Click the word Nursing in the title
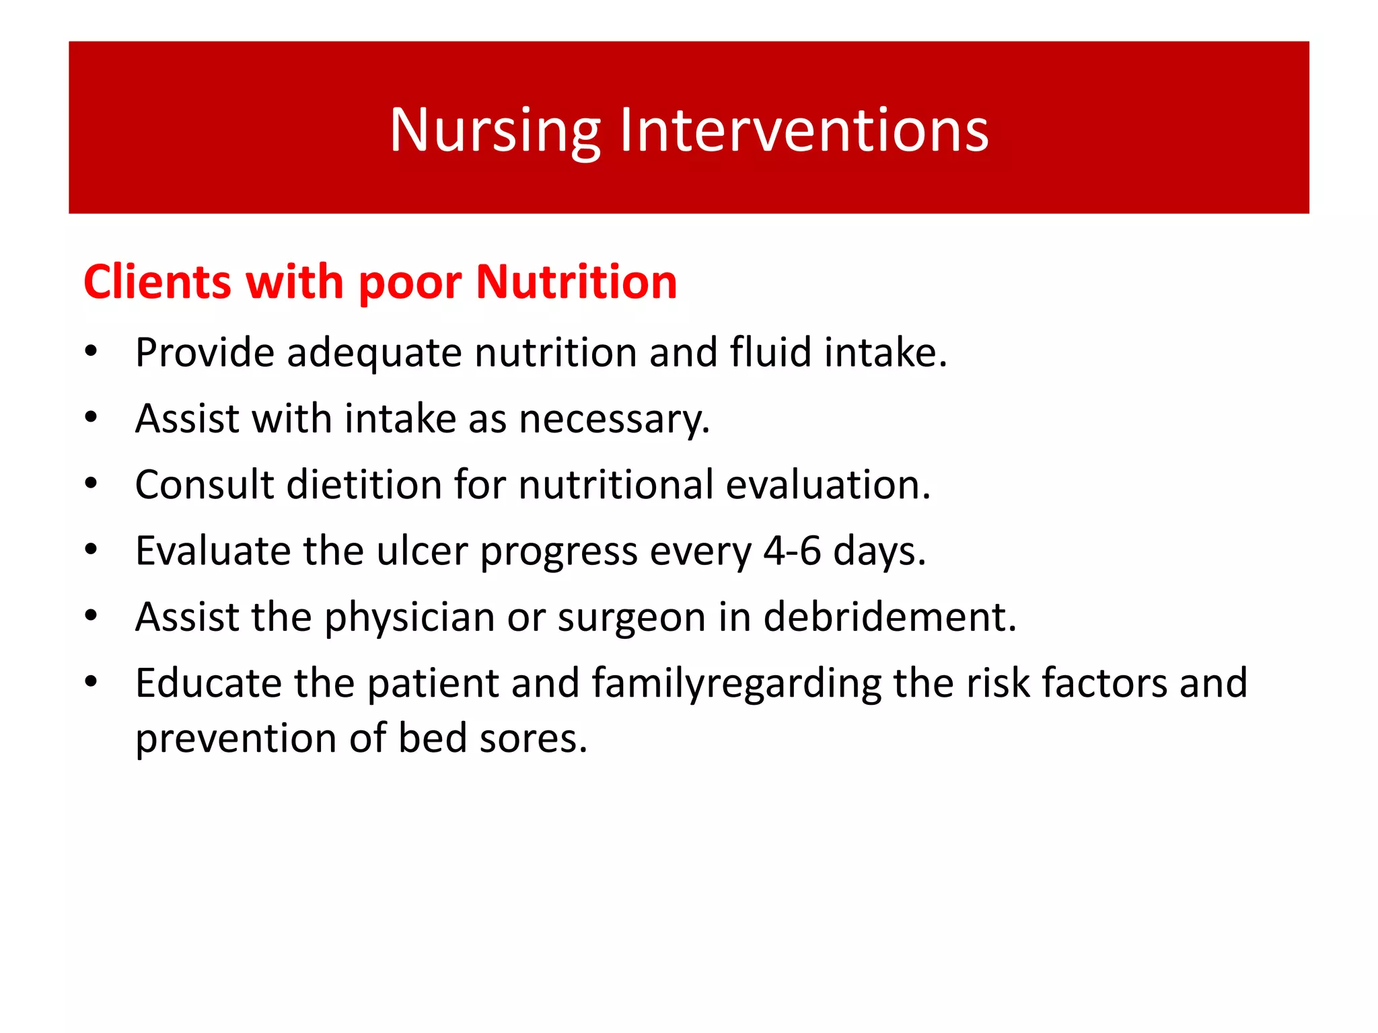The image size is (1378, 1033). pyautogui.click(x=495, y=131)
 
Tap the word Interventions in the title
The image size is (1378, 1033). pyautogui.click(x=804, y=130)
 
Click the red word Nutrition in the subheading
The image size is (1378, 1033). pyautogui.click(x=576, y=282)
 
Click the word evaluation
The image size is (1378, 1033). pyautogui.click(x=828, y=485)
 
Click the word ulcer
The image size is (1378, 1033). pyautogui.click(x=422, y=551)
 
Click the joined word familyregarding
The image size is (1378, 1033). pyautogui.click(x=736, y=684)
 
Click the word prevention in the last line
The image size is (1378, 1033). pyautogui.click(x=235, y=738)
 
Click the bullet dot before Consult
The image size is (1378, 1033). pyautogui.click(x=92, y=483)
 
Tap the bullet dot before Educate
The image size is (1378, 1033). pyautogui.click(x=92, y=681)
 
